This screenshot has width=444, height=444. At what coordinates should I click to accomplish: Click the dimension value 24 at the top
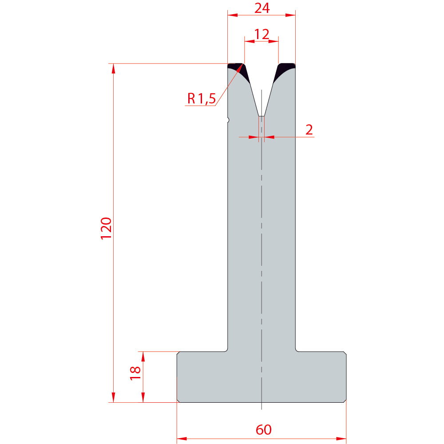pyautogui.click(x=262, y=8)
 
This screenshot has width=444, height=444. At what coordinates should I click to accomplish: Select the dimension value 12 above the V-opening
pyautogui.click(x=262, y=34)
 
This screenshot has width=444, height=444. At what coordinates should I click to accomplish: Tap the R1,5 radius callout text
pyautogui.click(x=201, y=99)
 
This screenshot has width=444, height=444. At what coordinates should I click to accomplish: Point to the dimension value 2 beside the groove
pyautogui.click(x=309, y=130)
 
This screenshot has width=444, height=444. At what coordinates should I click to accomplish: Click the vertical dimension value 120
pyautogui.click(x=106, y=229)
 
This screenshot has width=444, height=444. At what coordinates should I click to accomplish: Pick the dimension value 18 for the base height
pyautogui.click(x=135, y=373)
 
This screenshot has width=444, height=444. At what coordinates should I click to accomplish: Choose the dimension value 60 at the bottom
pyautogui.click(x=263, y=429)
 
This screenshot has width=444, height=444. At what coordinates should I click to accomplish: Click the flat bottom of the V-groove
pyautogui.click(x=262, y=116)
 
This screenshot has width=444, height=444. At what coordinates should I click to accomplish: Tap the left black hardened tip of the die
pyautogui.click(x=239, y=71)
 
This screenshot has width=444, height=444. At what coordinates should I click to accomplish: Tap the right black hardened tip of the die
pyautogui.click(x=284, y=71)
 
